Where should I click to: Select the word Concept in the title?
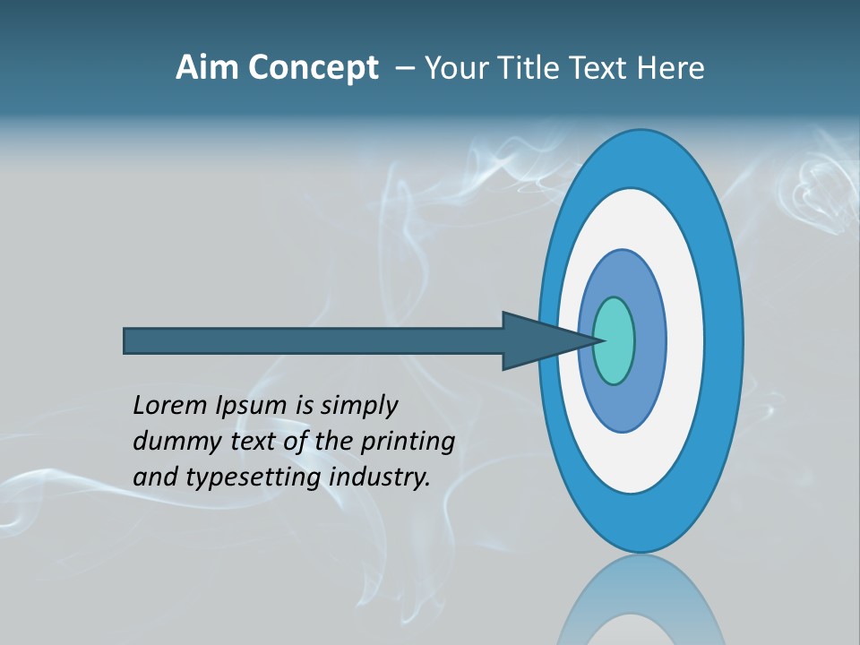(x=314, y=68)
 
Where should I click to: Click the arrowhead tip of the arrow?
(x=598, y=340)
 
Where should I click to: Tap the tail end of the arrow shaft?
(x=126, y=341)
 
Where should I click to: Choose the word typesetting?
(x=254, y=477)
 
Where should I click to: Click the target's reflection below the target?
(x=641, y=600)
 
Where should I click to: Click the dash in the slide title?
(x=405, y=68)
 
